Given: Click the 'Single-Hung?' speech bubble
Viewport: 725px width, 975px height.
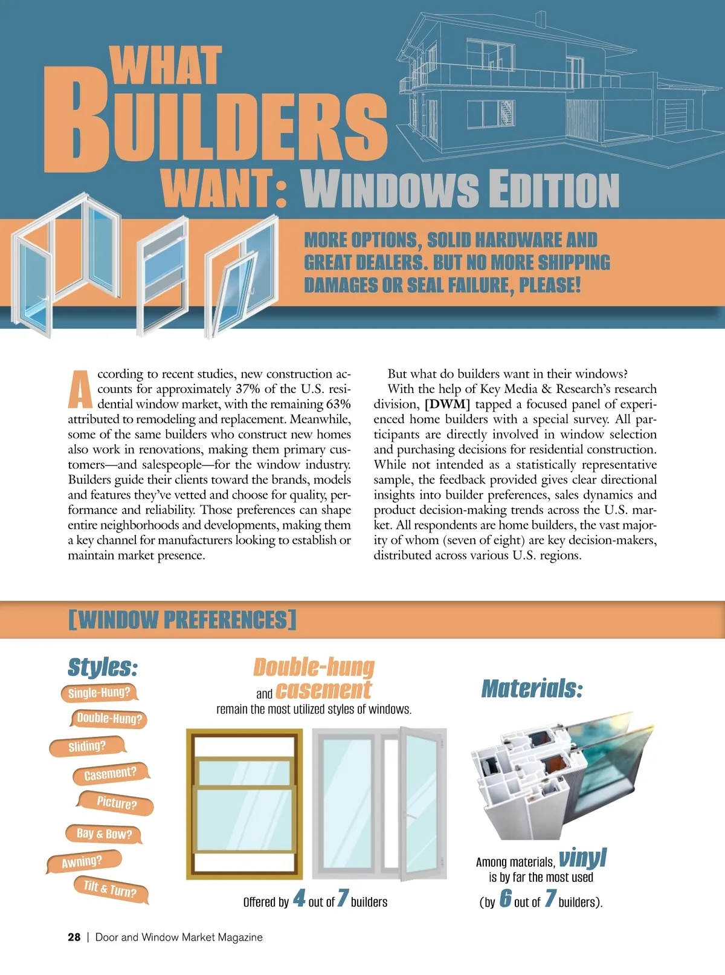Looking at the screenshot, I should click(x=99, y=693).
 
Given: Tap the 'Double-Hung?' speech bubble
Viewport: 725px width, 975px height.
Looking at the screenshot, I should click(x=109, y=719).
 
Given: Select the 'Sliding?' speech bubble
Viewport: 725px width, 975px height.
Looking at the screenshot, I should click(x=87, y=747).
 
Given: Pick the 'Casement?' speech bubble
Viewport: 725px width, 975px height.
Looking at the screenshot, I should click(x=110, y=774).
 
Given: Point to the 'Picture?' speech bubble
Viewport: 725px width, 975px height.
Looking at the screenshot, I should click(x=117, y=803).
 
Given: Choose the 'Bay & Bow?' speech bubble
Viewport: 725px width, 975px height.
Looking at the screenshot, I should click(x=104, y=834).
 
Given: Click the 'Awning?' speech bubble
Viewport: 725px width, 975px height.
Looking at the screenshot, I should click(x=83, y=861).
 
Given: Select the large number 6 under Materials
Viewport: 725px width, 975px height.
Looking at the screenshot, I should click(x=505, y=899).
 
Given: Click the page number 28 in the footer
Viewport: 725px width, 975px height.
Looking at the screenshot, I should click(x=74, y=937).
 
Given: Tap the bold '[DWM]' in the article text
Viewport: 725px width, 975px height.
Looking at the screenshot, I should click(x=447, y=404).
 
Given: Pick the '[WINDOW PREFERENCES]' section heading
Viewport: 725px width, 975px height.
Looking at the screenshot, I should click(x=182, y=620).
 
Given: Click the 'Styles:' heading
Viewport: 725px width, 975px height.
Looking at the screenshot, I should click(x=103, y=667).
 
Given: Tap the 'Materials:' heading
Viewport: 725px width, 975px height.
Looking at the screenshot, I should click(x=532, y=688).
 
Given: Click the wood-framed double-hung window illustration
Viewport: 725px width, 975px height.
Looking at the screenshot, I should click(x=244, y=804).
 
